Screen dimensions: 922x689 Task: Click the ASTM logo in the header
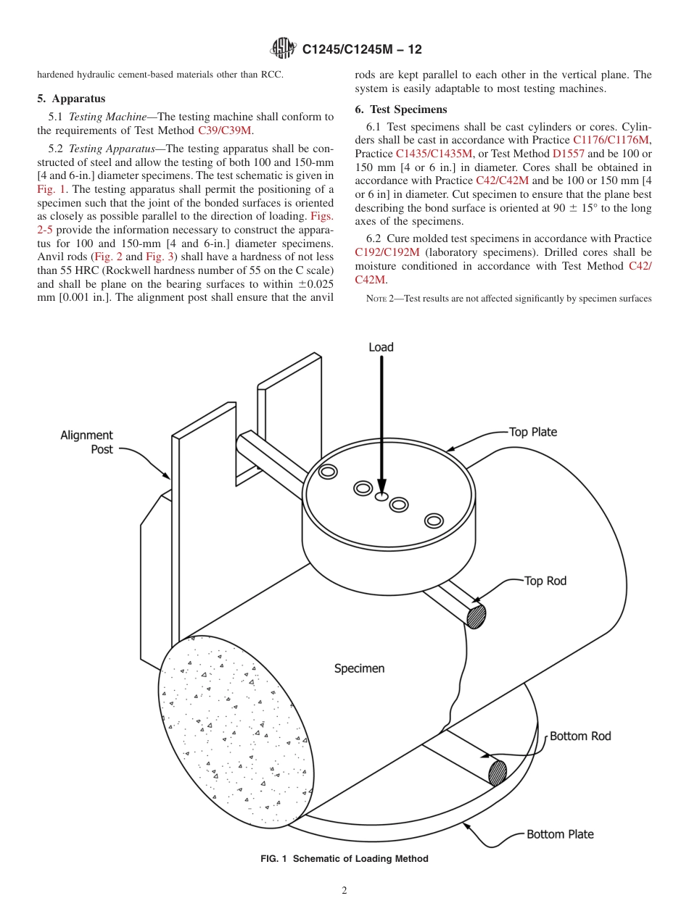[283, 49]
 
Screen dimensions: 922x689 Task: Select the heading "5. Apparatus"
[71, 99]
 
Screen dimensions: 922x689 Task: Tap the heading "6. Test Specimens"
[401, 109]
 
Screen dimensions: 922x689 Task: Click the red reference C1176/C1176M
[611, 140]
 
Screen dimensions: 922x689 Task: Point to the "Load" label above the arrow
[381, 347]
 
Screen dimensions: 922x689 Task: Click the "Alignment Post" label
[87, 442]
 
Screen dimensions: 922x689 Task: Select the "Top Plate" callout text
[533, 432]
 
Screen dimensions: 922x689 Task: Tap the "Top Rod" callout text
[545, 581]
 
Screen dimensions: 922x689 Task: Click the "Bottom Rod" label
[580, 736]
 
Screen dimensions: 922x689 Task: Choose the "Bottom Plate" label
[560, 834]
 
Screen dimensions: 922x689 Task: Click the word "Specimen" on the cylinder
[359, 668]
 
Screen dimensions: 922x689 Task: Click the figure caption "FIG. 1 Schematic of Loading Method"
[344, 859]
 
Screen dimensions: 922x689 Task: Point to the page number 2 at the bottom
[344, 891]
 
